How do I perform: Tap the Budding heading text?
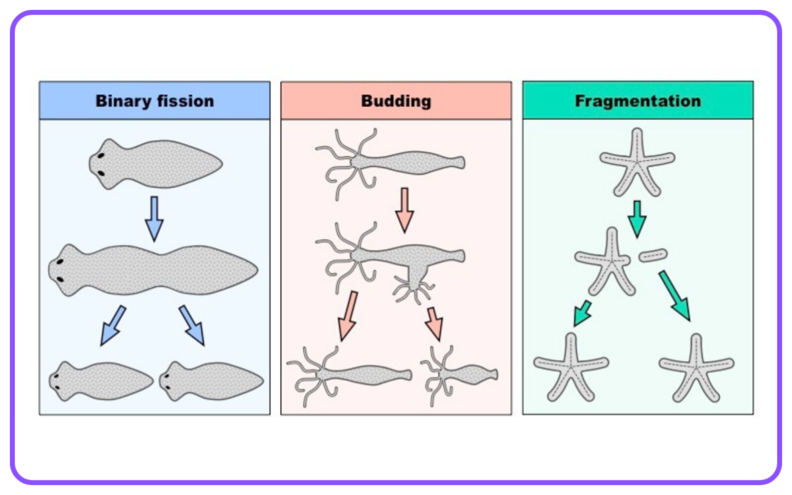tap(396, 101)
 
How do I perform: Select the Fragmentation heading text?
tap(638, 101)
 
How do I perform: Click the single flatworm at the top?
tap(155, 164)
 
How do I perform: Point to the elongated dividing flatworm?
tap(153, 270)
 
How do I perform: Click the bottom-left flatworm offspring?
tap(101, 381)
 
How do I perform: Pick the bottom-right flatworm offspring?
tap(211, 381)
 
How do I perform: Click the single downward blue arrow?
tap(155, 219)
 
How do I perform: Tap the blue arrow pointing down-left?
tap(113, 326)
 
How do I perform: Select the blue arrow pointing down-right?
tap(192, 326)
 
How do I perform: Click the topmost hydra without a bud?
tap(390, 162)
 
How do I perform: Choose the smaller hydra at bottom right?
tap(459, 375)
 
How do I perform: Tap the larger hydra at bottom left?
tap(349, 376)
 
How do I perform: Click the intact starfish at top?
tap(637, 162)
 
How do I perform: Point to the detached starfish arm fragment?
tap(653, 255)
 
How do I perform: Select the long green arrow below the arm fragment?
tap(674, 295)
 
